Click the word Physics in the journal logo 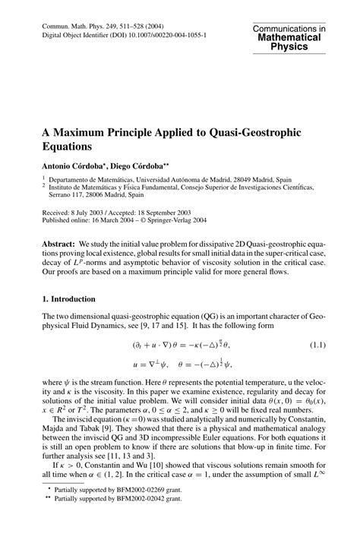pos(289,46)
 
